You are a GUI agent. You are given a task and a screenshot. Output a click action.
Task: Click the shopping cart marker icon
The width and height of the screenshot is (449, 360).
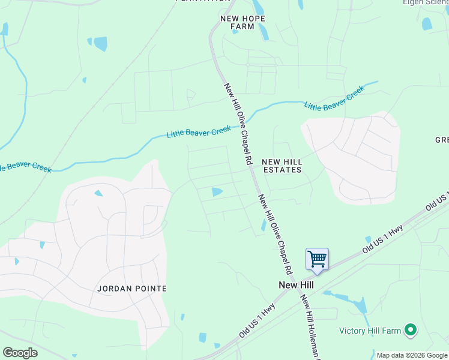[x=317, y=260]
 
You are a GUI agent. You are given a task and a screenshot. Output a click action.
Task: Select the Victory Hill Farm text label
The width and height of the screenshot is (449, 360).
[x=369, y=331]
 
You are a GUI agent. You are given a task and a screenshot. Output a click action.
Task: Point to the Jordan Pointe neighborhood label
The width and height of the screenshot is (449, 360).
[x=131, y=289]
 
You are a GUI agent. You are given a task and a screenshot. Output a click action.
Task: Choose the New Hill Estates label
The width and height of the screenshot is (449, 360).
[x=282, y=166]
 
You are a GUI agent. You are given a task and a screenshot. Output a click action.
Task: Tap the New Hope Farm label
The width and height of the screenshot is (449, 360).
[x=243, y=22]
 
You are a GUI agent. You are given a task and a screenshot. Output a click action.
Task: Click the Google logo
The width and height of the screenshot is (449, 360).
[x=20, y=353]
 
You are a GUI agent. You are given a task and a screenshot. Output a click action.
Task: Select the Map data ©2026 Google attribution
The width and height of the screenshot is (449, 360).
[x=411, y=355]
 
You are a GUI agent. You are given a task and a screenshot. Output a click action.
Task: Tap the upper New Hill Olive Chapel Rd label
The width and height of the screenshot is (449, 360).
[x=237, y=124]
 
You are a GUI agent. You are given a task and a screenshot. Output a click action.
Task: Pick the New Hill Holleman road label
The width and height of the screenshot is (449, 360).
[x=310, y=327]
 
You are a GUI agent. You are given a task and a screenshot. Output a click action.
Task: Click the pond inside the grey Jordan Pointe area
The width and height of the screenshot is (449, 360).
[x=98, y=193]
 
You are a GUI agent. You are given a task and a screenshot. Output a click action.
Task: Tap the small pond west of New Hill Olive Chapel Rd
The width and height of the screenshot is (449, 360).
[x=217, y=192]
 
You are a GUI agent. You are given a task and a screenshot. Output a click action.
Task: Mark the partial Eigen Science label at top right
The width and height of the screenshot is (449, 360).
[x=426, y=3]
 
